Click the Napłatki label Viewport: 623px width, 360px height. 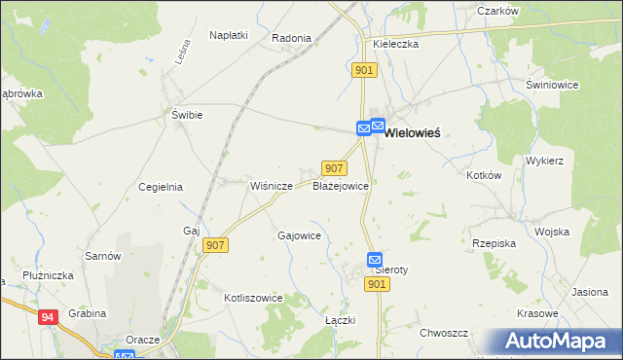coord(229,35)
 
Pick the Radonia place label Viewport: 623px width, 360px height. coord(291,39)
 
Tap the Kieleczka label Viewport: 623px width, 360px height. coord(395,45)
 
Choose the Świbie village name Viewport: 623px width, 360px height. coord(187,115)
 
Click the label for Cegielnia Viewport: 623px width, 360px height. coord(161,187)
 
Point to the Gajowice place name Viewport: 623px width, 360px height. coord(300,235)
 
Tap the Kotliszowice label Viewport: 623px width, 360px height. coord(253,298)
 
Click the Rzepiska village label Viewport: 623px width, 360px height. coord(493,244)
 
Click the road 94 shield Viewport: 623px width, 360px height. coord(49,317)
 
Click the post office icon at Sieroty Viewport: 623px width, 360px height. coord(375,259)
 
